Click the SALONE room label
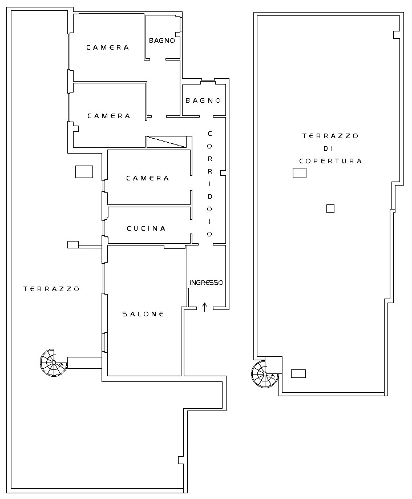(x=143, y=314)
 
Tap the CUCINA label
(x=146, y=228)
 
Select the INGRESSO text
(x=206, y=283)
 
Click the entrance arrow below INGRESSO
(x=204, y=307)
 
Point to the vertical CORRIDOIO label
(x=209, y=184)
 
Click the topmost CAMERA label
(x=107, y=47)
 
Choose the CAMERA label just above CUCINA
(x=147, y=178)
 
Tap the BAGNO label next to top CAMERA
(x=162, y=41)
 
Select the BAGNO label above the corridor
(x=203, y=100)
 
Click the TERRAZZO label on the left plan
(x=51, y=289)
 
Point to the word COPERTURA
(x=330, y=161)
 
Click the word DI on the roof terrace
(x=328, y=148)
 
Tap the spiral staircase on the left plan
(x=54, y=363)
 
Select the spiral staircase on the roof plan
(x=264, y=374)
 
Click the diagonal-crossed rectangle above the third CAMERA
(x=167, y=142)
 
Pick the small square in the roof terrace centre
(x=330, y=208)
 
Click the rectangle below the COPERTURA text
(x=300, y=173)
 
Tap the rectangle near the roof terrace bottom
(x=298, y=373)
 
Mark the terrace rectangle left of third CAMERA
(x=84, y=172)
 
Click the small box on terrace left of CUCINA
(x=73, y=244)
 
